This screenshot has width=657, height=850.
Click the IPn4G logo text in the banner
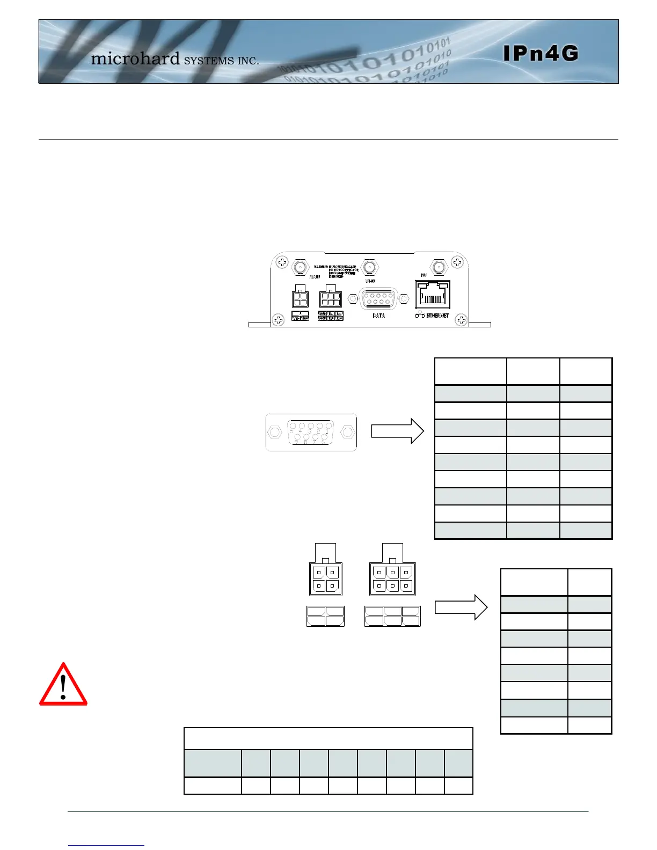[541, 53]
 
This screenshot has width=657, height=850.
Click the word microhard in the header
[135, 58]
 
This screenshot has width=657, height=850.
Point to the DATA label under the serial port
[378, 316]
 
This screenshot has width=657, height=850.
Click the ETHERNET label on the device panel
[437, 316]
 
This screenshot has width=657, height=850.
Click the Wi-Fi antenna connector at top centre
[369, 266]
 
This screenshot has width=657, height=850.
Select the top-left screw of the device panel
[282, 262]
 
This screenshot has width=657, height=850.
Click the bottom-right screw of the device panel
[461, 320]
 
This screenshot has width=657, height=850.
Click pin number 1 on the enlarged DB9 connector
[328, 430]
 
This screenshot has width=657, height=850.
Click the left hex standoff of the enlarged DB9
[275, 431]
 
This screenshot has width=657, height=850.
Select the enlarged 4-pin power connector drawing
[325, 578]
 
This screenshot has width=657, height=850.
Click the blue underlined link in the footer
[106, 845]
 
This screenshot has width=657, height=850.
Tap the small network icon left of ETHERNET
[420, 314]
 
